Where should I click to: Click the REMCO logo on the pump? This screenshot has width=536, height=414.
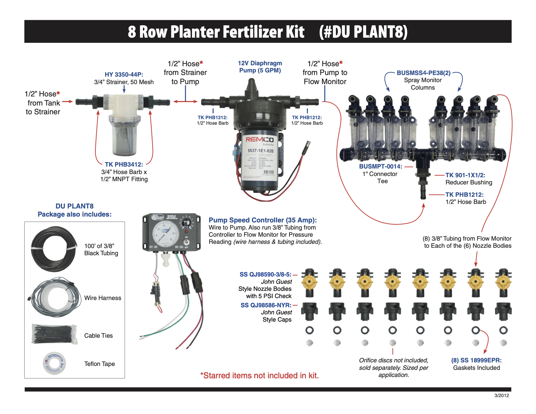point(259,140)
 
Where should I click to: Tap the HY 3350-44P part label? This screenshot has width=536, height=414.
point(124,74)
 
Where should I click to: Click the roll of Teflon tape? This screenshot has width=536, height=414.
point(54,363)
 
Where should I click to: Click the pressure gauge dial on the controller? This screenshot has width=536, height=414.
point(164,234)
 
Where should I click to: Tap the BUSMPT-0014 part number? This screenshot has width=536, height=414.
point(380,167)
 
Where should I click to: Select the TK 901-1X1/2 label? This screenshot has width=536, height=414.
point(465,175)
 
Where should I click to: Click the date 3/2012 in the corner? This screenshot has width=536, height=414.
point(502,395)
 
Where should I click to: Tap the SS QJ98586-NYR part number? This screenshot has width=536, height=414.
point(266,305)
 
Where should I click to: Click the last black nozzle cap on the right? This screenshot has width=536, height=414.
point(503,311)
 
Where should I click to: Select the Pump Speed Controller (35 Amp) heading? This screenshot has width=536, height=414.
point(262,220)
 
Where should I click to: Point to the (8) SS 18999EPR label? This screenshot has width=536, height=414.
point(476,360)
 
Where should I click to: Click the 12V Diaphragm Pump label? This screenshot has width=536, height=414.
point(260,67)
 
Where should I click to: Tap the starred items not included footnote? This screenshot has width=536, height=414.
point(259,376)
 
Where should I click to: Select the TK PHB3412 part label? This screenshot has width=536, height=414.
point(124,165)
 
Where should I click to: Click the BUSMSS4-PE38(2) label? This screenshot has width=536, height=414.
point(423,73)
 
